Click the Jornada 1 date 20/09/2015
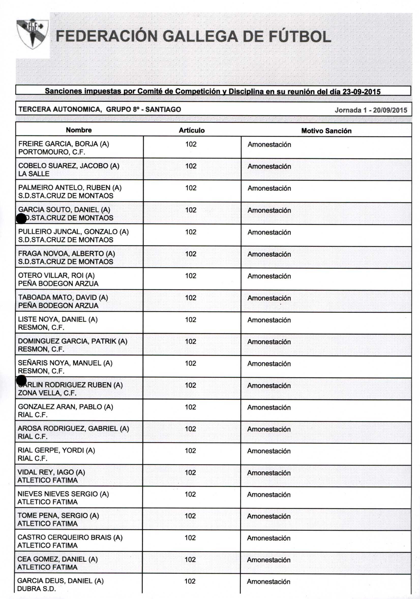click(x=390, y=110)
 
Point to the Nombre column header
click(x=79, y=130)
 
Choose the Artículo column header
click(x=192, y=130)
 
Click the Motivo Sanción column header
click(x=326, y=131)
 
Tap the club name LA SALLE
click(x=34, y=174)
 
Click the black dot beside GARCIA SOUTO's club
click(x=21, y=218)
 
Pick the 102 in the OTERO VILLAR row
click(x=191, y=276)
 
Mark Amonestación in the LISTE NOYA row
click(x=269, y=320)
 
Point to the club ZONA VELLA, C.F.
click(x=47, y=393)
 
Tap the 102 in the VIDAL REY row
click(x=190, y=472)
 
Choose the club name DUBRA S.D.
click(x=36, y=589)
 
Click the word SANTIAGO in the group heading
click(x=163, y=109)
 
